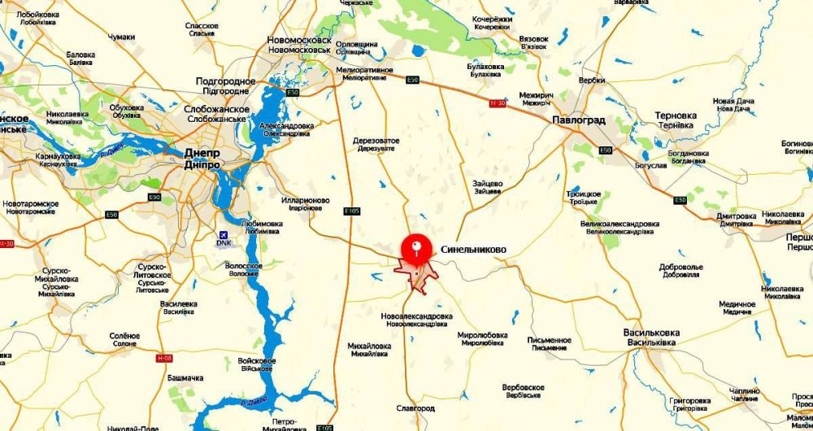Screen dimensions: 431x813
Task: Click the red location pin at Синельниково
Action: pos(416,246)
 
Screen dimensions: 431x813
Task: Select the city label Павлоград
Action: pos(578,120)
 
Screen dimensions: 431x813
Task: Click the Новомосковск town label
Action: pos(299,40)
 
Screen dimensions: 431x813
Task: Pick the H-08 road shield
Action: pos(166,358)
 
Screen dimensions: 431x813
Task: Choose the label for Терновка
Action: pos(676,115)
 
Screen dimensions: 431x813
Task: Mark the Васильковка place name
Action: pos(650,333)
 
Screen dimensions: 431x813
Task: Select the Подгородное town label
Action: pos(226,81)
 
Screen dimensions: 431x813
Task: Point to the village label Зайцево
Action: pos(487,184)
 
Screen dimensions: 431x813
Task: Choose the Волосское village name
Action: pos(243,266)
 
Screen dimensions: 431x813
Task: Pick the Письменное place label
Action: pos(550,340)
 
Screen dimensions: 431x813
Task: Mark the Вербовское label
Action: pos(522,387)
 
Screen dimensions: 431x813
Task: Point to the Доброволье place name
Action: pos(680,267)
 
